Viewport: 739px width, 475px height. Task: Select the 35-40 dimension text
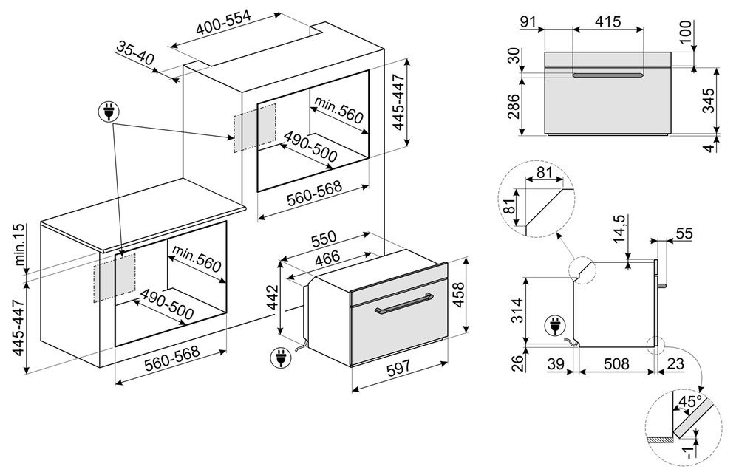click(x=135, y=53)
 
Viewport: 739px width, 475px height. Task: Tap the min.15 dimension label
click(x=20, y=245)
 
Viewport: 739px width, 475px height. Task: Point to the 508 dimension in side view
click(x=615, y=363)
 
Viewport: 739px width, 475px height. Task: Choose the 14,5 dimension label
click(x=620, y=231)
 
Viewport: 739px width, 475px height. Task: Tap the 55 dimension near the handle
click(x=684, y=233)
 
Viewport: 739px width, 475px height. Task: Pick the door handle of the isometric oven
click(x=402, y=306)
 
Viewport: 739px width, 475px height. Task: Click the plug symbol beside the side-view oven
click(x=552, y=324)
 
